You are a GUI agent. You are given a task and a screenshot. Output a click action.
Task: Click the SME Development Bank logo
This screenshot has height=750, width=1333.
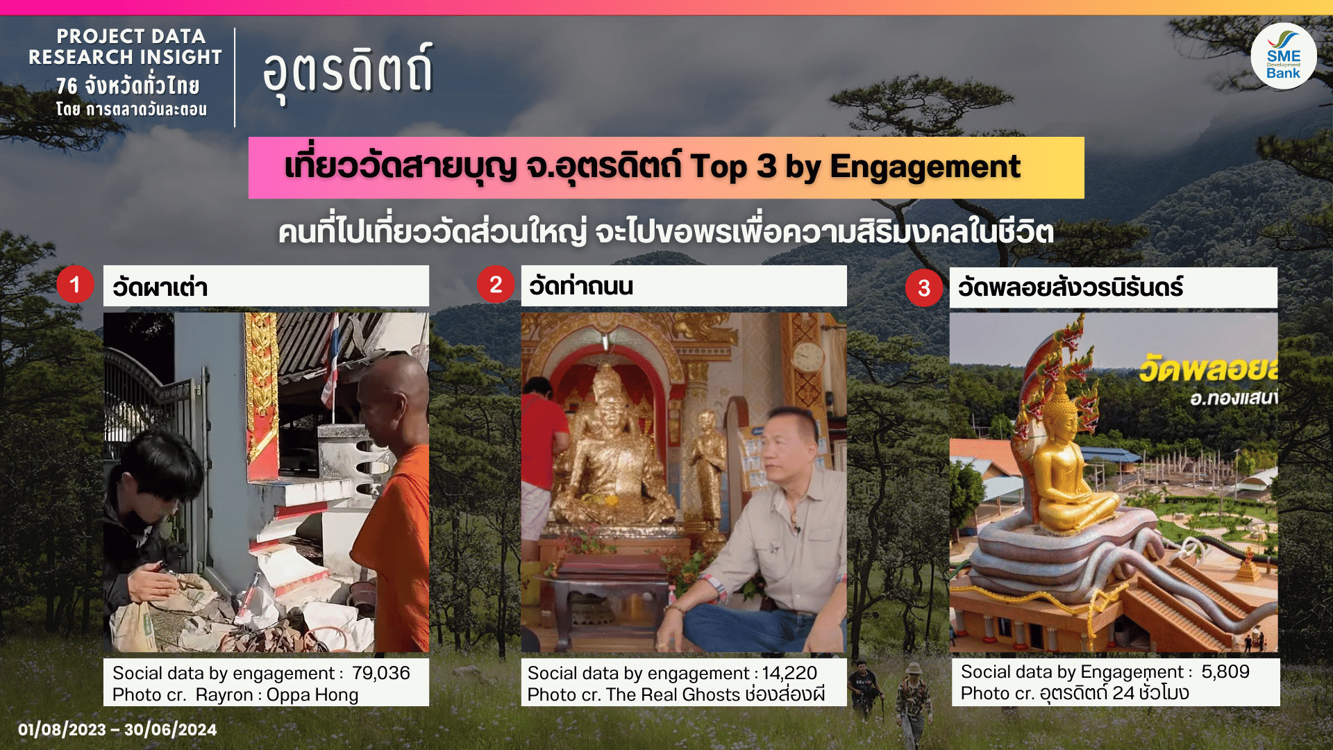[1283, 56]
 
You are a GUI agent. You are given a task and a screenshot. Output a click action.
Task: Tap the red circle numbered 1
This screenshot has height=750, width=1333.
[75, 284]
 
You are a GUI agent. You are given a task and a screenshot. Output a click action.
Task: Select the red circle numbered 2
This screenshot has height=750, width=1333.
[496, 284]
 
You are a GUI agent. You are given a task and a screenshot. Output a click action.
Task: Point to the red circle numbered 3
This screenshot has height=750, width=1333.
[924, 287]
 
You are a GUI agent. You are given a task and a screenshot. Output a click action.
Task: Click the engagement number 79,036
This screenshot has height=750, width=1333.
[380, 673]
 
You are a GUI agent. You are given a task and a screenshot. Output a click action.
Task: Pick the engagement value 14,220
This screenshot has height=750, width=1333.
[789, 673]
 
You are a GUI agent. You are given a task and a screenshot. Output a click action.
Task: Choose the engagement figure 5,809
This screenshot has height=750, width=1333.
[1225, 672]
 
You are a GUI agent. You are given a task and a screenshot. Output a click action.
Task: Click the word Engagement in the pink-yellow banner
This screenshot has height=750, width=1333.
[925, 168]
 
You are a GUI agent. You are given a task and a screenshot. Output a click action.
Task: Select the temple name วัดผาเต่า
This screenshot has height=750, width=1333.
[160, 286]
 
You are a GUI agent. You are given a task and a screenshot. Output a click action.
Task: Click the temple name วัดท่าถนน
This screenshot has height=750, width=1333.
[581, 285]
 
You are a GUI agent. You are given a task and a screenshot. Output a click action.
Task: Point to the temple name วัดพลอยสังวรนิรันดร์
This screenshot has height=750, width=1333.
[1071, 286]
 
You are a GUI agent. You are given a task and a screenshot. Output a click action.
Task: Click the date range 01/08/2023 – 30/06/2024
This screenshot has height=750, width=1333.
[117, 729]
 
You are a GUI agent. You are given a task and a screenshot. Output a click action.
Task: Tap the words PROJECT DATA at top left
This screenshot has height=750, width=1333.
[131, 36]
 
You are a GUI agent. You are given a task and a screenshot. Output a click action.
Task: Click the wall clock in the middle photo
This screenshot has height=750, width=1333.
[808, 356]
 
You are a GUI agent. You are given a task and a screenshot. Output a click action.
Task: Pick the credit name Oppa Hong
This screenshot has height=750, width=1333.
[312, 695]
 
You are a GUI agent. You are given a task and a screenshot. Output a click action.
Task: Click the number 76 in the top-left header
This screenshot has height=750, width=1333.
[67, 86]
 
